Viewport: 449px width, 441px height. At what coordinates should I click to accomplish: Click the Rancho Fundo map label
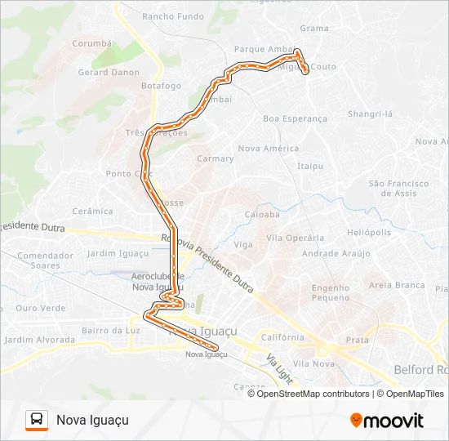click(x=173, y=16)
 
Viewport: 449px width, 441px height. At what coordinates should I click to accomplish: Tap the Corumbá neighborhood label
click(x=91, y=43)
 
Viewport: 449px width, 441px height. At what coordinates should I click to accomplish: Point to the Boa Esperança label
click(x=295, y=118)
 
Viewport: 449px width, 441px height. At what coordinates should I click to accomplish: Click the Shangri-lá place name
click(x=370, y=114)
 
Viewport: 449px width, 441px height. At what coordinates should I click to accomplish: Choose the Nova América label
click(x=268, y=149)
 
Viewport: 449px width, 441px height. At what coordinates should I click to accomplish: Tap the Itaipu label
click(x=310, y=166)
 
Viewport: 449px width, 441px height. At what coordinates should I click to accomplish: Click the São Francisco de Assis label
click(x=399, y=189)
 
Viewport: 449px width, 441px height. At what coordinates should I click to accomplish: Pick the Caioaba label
click(x=262, y=215)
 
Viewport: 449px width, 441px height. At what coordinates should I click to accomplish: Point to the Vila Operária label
click(x=295, y=238)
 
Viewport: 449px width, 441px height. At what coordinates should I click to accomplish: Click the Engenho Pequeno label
click(x=330, y=293)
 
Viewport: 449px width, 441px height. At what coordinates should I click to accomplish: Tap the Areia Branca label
click(x=397, y=285)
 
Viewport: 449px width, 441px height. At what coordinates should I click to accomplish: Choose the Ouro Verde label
click(x=40, y=308)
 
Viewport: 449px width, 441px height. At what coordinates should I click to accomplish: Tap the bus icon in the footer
click(x=36, y=420)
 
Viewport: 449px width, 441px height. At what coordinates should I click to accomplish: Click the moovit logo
click(x=387, y=421)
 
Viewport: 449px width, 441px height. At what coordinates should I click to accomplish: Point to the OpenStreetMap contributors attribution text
click(x=313, y=394)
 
